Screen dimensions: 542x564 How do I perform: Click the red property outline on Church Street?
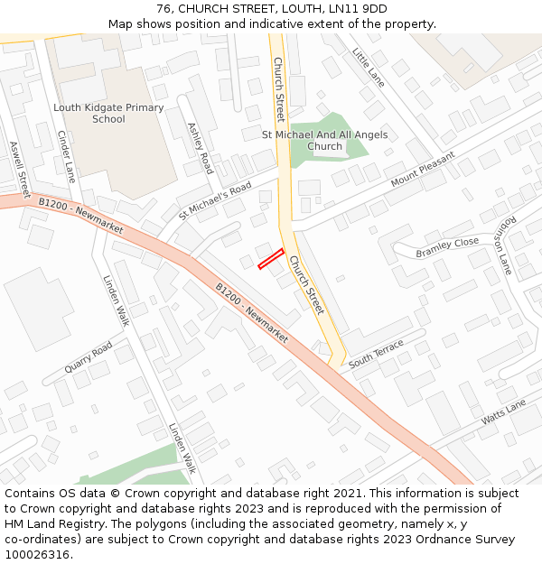(271, 259)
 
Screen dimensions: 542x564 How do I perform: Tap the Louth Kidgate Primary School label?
(108, 114)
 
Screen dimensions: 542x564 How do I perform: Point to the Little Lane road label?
(369, 68)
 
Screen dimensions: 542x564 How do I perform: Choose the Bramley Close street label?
(447, 248)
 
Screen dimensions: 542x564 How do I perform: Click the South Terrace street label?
(377, 353)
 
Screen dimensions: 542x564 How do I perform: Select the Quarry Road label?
(89, 356)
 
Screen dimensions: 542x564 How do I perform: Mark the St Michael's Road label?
(215, 200)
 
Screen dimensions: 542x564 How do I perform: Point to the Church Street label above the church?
(279, 89)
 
